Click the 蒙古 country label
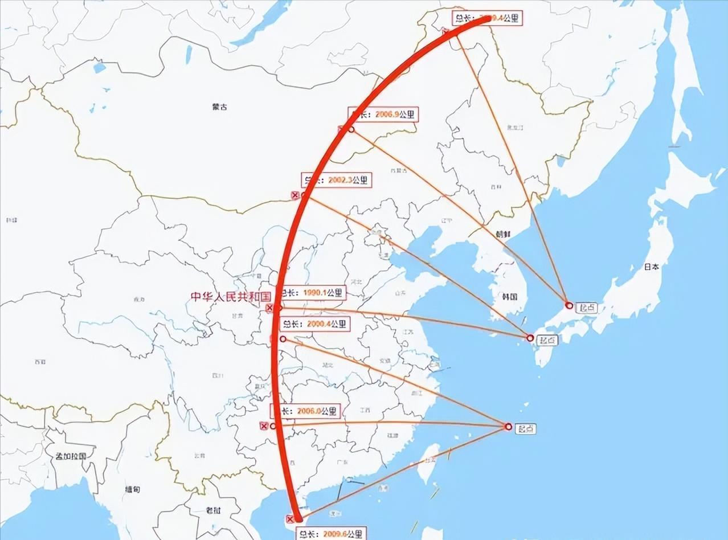click(x=219, y=107)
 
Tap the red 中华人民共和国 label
click(x=230, y=296)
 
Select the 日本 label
click(x=652, y=266)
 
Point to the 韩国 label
click(x=509, y=296)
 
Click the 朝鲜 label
click(x=503, y=234)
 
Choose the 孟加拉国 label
click(x=70, y=456)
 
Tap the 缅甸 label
click(x=133, y=489)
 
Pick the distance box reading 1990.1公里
click(x=313, y=293)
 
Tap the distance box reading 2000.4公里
click(x=315, y=324)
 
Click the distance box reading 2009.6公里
click(x=330, y=534)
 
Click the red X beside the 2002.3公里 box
click(x=295, y=195)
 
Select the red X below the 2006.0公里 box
click(x=263, y=426)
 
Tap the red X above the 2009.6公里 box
click(x=290, y=519)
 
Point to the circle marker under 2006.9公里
click(x=351, y=130)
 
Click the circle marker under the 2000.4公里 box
click(x=283, y=339)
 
